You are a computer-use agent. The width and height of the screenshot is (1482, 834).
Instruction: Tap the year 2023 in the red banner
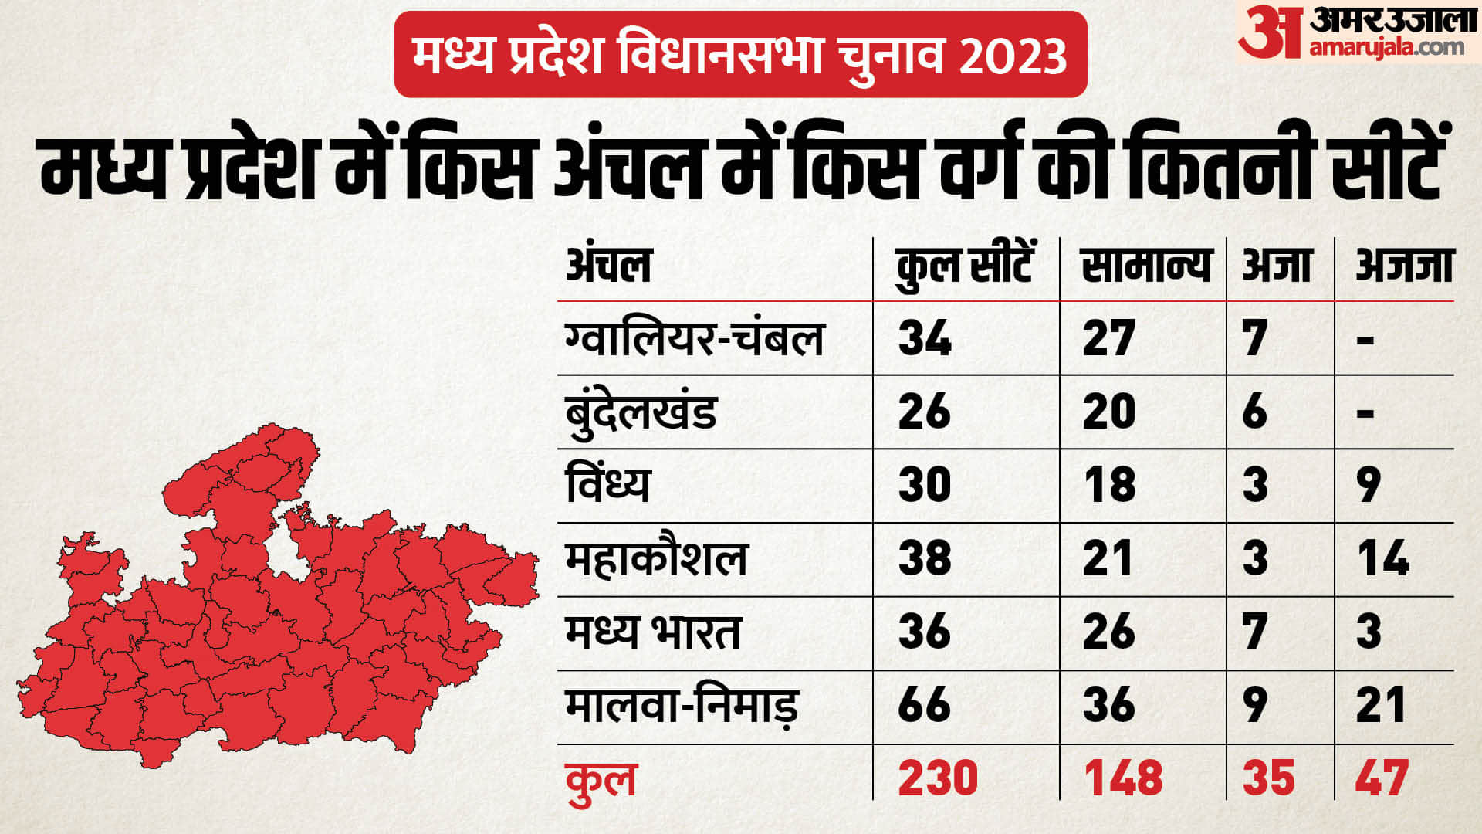pyautogui.click(x=1013, y=56)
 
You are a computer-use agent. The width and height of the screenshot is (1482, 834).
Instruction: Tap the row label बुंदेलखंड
pyautogui.click(x=641, y=412)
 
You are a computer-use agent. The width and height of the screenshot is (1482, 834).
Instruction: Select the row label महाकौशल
pyautogui.click(x=657, y=558)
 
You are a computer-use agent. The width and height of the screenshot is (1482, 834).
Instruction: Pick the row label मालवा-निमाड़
pyautogui.click(x=681, y=706)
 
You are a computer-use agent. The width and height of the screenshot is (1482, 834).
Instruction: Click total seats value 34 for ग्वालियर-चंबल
pyautogui.click(x=925, y=338)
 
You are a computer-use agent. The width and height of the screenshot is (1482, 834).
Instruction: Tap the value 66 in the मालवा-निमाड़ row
pyautogui.click(x=925, y=705)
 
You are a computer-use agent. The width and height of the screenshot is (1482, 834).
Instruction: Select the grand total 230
pyautogui.click(x=938, y=778)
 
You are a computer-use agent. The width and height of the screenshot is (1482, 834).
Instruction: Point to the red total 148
pyautogui.click(x=1123, y=778)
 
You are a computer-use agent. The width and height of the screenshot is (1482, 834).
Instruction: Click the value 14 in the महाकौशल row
pyautogui.click(x=1382, y=558)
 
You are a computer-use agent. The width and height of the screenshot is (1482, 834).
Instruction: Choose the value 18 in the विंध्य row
pyautogui.click(x=1109, y=485)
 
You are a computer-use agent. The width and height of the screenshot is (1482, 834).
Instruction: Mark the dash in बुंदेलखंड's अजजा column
pyautogui.click(x=1365, y=413)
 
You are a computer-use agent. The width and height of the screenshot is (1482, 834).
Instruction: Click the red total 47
pyautogui.click(x=1382, y=778)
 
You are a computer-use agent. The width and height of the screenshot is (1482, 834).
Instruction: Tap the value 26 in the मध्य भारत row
pyautogui.click(x=1109, y=632)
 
